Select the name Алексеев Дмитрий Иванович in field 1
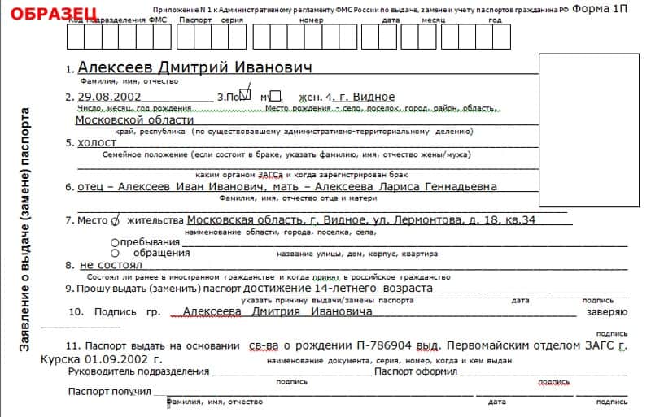(x=194, y=67)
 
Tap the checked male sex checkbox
(x=248, y=95)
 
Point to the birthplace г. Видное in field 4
(x=367, y=98)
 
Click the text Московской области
(x=123, y=119)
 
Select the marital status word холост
(x=97, y=142)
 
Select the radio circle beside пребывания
(x=114, y=242)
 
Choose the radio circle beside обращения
(x=114, y=253)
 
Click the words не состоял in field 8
(x=111, y=265)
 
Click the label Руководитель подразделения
(x=139, y=371)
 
